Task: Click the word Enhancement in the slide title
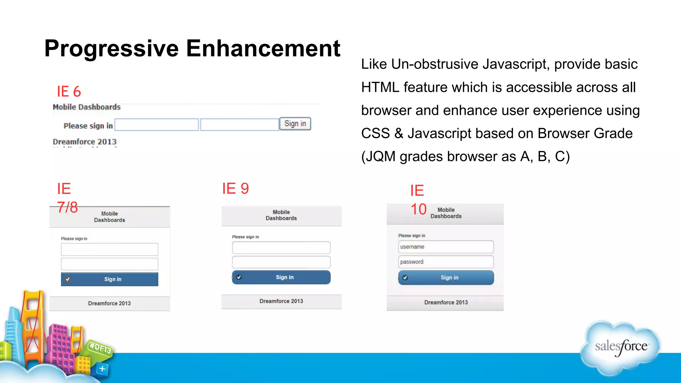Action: (x=263, y=49)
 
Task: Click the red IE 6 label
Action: (x=69, y=91)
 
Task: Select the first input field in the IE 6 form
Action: (x=157, y=125)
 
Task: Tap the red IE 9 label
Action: (x=235, y=189)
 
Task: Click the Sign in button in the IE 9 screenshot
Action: (x=281, y=277)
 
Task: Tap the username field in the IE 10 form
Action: (x=446, y=247)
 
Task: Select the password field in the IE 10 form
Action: (x=446, y=262)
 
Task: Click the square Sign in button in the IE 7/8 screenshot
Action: (x=110, y=279)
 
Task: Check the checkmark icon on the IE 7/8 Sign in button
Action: (x=68, y=279)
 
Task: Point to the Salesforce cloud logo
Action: (x=621, y=347)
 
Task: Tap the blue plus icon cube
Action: (x=102, y=369)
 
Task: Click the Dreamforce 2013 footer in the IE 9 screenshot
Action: (x=281, y=301)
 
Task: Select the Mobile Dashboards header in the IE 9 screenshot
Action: (x=281, y=215)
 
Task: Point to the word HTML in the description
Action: (x=380, y=87)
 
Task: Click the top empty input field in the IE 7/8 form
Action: (x=110, y=249)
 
